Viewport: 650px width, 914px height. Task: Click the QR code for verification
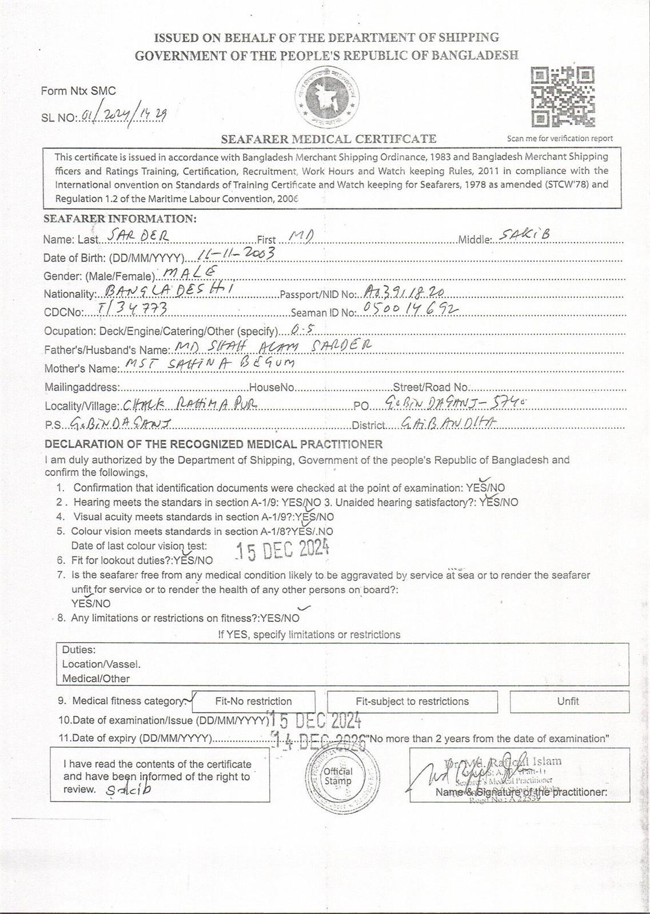click(563, 97)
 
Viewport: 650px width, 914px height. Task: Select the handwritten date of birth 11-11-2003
click(235, 254)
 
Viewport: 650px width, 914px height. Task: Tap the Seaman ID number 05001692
click(408, 310)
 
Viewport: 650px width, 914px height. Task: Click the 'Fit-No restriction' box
click(253, 701)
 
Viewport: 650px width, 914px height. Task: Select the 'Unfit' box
click(568, 701)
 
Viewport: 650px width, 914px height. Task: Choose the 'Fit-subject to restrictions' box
click(412, 701)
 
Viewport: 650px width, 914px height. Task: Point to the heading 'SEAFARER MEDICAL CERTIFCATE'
click(329, 139)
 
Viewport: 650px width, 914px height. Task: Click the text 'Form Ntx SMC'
click(78, 91)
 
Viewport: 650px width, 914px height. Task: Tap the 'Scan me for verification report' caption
click(560, 138)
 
